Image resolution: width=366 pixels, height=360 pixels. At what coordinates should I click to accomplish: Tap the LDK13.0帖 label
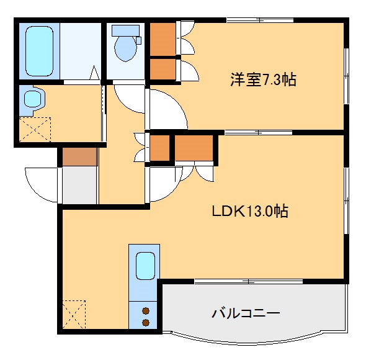249,211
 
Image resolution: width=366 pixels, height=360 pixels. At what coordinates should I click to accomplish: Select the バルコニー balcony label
246,312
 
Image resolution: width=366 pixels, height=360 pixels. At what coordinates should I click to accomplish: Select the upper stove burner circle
146,310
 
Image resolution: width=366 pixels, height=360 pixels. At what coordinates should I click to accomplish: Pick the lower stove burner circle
146,322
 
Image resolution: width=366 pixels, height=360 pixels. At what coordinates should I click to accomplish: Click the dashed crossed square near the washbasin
34,130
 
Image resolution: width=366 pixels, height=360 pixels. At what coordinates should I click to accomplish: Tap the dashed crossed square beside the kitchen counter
73,315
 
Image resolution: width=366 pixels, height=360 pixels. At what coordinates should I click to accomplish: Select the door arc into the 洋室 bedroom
166,110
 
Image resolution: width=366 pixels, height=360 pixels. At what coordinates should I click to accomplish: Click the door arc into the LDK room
164,185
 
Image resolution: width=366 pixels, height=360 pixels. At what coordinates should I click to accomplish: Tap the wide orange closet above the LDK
194,148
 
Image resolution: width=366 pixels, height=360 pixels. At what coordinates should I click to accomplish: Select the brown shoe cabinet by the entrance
79,157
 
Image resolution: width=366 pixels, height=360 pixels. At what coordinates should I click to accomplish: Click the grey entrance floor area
79,185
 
